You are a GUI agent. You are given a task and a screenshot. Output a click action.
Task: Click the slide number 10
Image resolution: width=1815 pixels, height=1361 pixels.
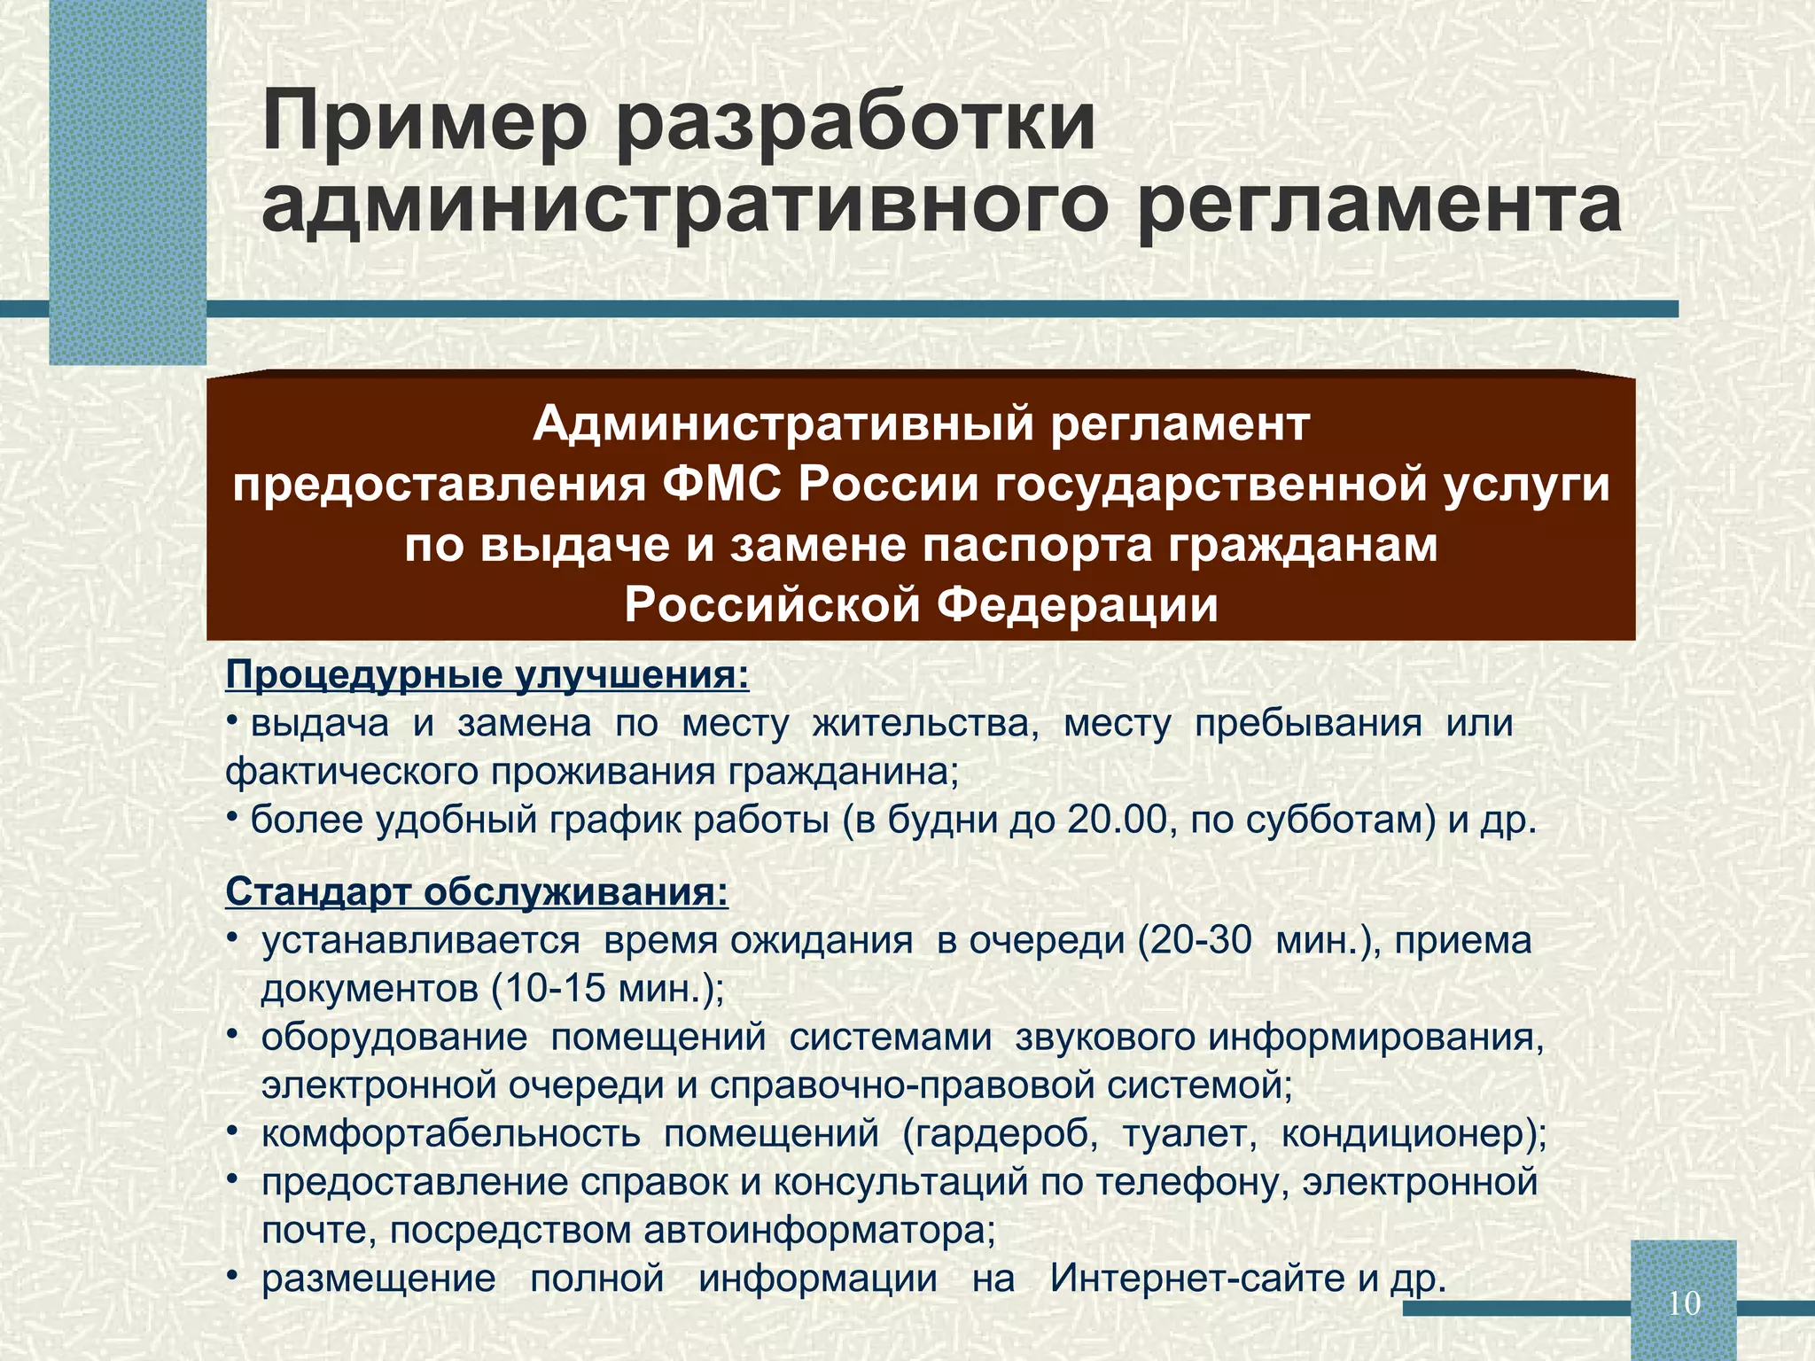[x=1684, y=1303]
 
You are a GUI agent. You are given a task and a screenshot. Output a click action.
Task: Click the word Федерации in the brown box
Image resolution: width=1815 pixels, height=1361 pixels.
[x=1078, y=605]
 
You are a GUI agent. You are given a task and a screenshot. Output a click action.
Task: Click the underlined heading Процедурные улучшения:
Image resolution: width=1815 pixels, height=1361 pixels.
[x=487, y=675]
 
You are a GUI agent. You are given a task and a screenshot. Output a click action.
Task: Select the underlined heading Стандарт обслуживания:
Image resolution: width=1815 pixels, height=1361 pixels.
[x=477, y=891]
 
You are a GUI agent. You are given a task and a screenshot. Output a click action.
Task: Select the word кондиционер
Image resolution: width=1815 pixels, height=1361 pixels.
[x=1408, y=1134]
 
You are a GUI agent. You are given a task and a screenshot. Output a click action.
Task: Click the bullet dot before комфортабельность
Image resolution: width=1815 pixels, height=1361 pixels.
[x=232, y=1132]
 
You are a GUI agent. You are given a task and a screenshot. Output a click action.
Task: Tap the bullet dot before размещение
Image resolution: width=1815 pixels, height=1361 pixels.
[x=232, y=1277]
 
